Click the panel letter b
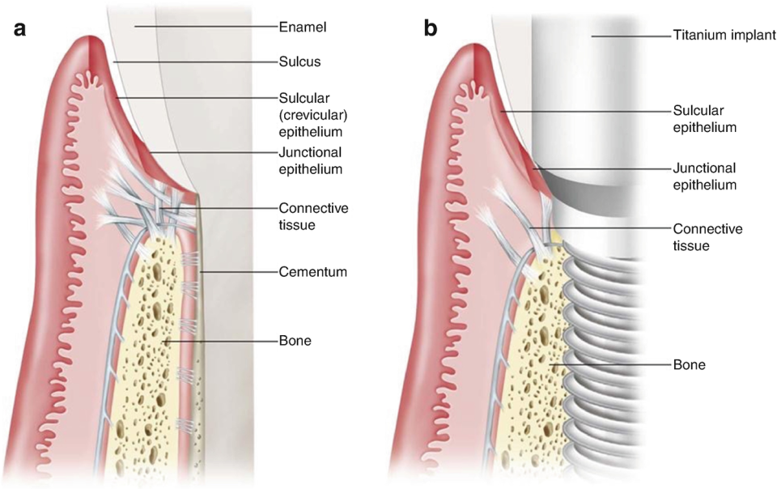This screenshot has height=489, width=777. click(431, 30)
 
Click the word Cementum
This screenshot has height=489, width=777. click(313, 272)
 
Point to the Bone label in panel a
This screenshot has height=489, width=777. click(295, 342)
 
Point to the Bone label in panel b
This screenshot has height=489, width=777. click(690, 365)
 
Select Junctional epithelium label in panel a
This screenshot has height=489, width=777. click(310, 160)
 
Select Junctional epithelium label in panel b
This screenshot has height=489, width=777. click(704, 176)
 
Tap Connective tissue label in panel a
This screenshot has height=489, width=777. click(313, 215)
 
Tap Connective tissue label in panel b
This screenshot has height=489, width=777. click(707, 236)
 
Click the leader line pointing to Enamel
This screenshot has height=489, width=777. click(202, 27)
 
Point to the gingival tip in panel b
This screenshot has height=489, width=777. click(472, 50)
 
